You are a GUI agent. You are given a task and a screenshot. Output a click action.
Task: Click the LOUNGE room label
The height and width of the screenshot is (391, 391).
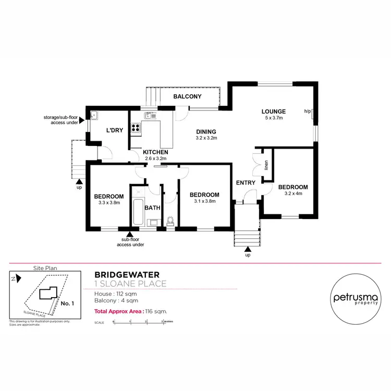click(x=273, y=111)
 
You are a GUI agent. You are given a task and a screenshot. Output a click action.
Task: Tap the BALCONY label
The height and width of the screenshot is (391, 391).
click(x=187, y=97)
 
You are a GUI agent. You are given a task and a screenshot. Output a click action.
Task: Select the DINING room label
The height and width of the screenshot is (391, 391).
click(x=205, y=131)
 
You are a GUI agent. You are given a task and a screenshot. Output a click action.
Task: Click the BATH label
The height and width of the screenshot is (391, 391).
click(x=152, y=207)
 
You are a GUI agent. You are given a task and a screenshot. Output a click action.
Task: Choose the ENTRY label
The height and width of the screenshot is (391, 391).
click(x=246, y=182)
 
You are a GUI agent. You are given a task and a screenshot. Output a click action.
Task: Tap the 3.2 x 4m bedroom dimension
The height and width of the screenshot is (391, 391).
click(x=292, y=194)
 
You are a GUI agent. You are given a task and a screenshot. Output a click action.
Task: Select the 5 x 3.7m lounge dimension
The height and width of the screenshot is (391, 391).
click(x=273, y=118)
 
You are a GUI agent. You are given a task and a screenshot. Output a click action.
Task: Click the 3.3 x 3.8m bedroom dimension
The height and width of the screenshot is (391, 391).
click(x=109, y=203)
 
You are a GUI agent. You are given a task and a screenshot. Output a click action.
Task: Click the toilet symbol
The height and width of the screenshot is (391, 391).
click(x=169, y=221)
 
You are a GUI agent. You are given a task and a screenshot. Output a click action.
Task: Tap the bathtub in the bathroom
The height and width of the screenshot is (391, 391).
click(x=138, y=211)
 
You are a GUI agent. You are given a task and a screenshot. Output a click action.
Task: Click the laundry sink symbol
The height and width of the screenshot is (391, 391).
click(x=94, y=115)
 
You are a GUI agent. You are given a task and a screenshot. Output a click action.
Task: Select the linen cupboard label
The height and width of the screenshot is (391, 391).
click(x=266, y=166)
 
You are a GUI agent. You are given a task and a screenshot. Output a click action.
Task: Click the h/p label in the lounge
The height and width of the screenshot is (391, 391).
click(x=307, y=111)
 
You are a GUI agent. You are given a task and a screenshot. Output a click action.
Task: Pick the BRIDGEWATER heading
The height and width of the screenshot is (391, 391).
click(x=127, y=274)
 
